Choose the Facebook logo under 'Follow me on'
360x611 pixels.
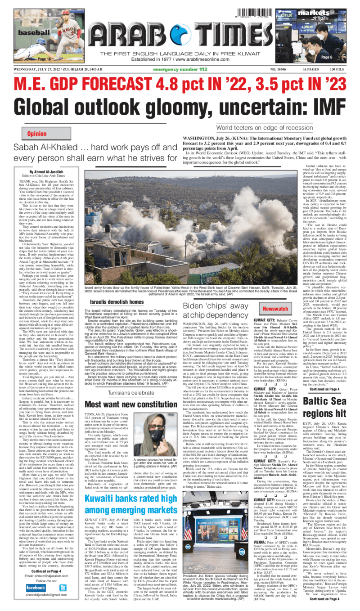coord(36,588)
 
